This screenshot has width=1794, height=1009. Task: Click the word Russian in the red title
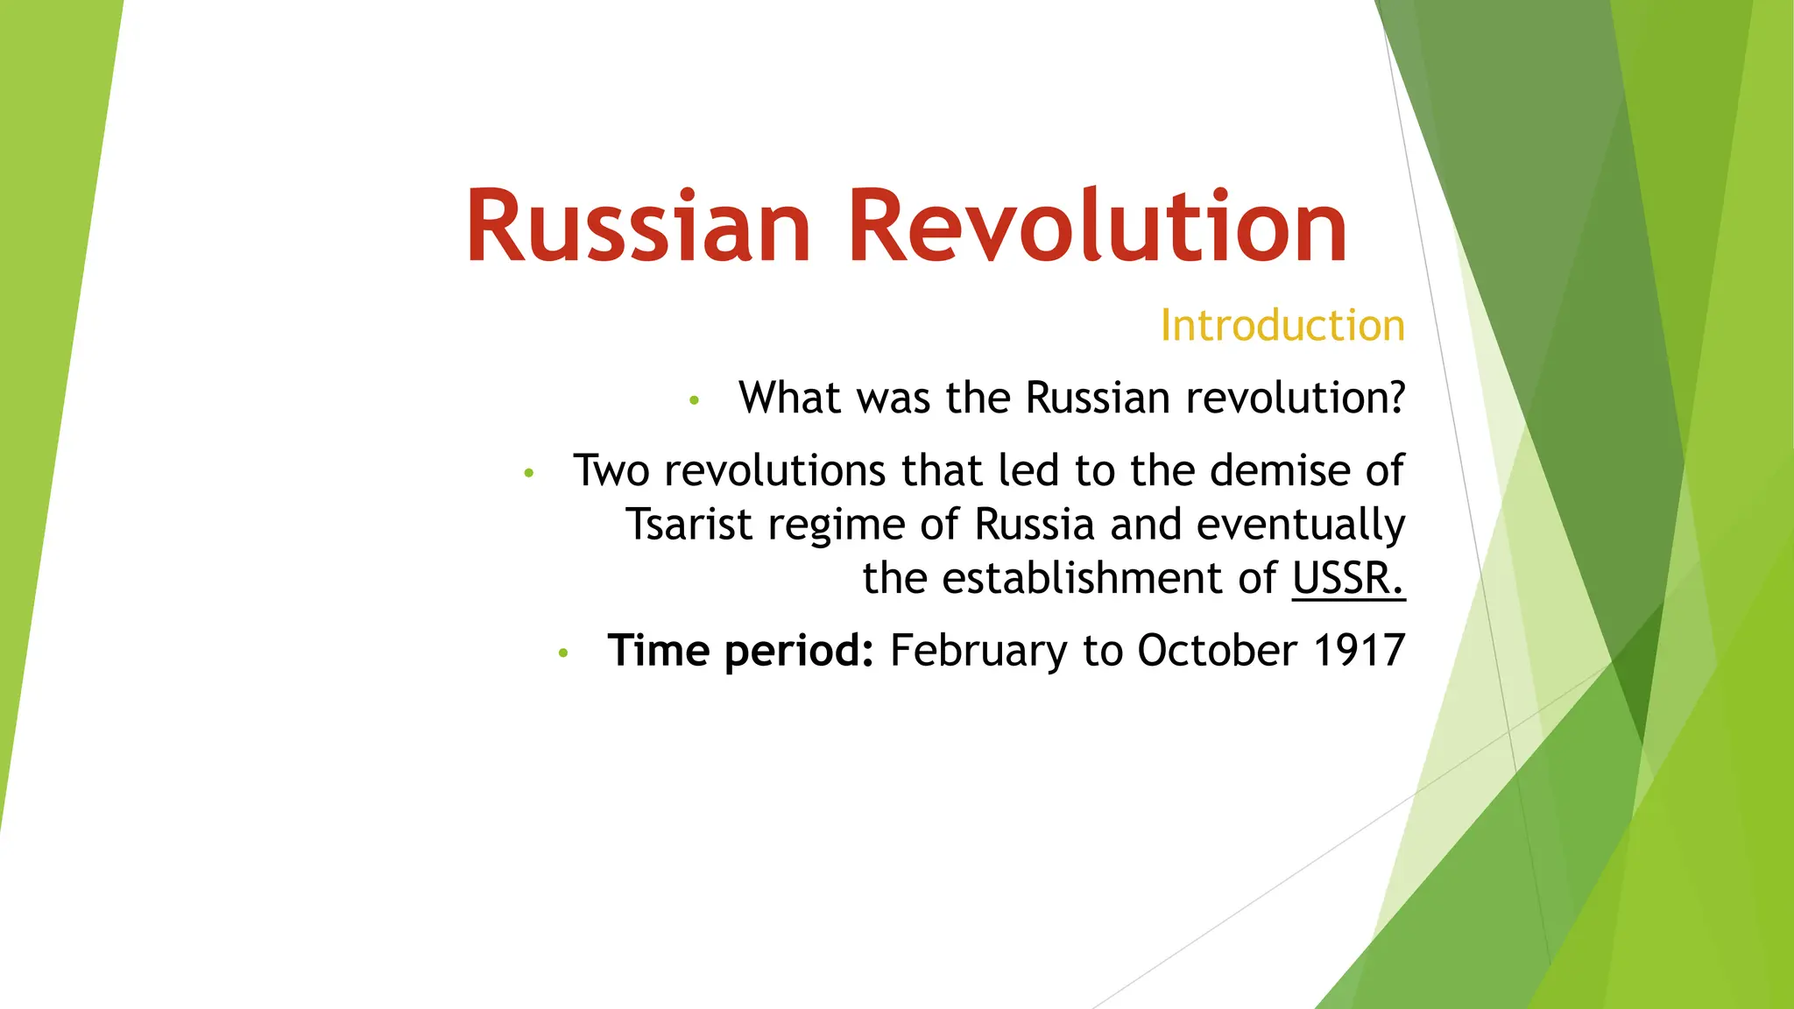pos(639,226)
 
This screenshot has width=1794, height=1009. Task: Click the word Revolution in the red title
pos(1098,226)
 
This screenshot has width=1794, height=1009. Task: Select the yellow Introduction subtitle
pos(1282,326)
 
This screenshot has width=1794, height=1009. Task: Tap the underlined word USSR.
pos(1348,578)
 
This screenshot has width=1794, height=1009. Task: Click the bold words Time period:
pos(740,651)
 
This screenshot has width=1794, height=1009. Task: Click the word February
pos(978,651)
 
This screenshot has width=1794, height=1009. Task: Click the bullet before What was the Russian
pos(695,401)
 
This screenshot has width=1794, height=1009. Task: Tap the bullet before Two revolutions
pos(528,474)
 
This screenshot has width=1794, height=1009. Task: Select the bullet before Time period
pos(563,653)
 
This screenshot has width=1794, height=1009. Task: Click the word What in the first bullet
pos(790,399)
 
